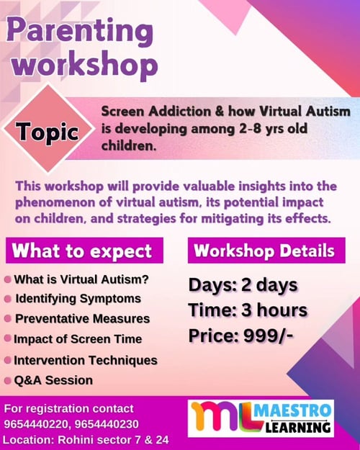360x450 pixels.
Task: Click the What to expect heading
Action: click(82, 251)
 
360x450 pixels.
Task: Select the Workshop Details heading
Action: click(264, 251)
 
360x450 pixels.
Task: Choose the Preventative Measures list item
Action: click(82, 318)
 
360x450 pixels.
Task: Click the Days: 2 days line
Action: click(243, 285)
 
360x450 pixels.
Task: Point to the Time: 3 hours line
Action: click(248, 310)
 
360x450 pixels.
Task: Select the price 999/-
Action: click(270, 335)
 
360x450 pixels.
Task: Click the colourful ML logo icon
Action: click(220, 418)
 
